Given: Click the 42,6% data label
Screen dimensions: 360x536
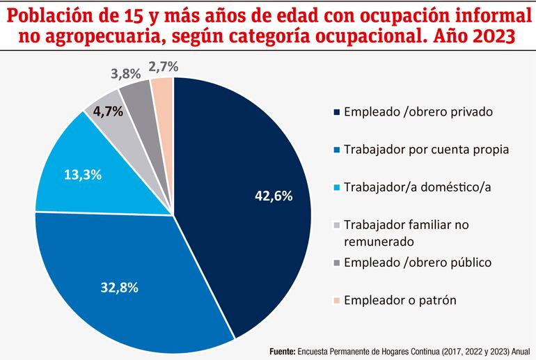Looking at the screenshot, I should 274,196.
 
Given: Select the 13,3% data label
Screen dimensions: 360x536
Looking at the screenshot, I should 83,174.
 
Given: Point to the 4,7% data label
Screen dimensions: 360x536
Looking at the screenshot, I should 109,110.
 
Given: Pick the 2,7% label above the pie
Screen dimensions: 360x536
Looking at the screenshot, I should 164,67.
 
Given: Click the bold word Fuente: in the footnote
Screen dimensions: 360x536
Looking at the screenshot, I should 281,352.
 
